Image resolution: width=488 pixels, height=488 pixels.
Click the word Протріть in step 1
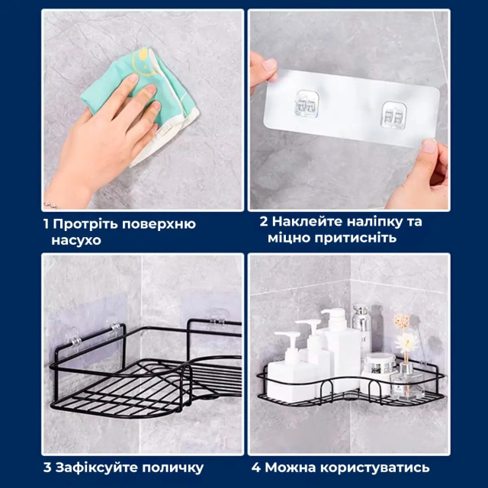coord(85,224)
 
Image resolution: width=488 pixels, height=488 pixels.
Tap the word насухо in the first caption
coord(76,241)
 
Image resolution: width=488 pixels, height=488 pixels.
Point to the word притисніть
coord(355,238)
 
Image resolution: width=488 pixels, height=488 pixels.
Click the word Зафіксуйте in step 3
coord(97,467)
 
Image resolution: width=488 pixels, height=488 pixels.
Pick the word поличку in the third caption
coord(173,467)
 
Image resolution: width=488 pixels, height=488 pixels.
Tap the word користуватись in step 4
coord(374,467)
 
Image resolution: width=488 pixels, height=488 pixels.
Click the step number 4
coord(256,467)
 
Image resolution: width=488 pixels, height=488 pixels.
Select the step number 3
coord(47,467)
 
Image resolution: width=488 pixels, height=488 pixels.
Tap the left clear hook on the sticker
coord(307,104)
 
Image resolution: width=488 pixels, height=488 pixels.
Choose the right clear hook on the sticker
coord(393,115)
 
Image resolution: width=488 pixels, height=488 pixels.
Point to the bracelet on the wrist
coord(51,205)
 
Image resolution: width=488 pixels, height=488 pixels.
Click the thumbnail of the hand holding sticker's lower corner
coord(430,146)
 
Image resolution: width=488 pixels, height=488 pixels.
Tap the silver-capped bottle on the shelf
coord(361,330)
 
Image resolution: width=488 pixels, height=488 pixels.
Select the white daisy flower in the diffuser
coord(406,341)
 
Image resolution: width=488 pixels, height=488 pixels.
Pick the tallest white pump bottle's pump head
coord(335,317)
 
